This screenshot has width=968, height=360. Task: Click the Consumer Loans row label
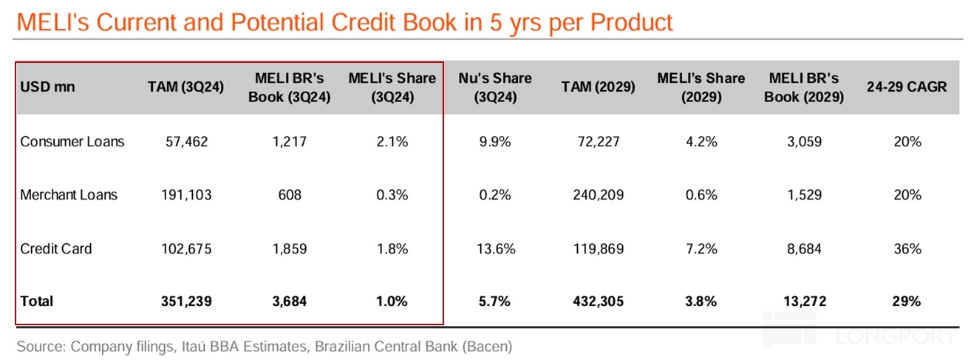(72, 141)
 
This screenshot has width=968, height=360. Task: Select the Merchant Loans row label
(69, 195)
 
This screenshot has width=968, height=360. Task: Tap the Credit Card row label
(56, 248)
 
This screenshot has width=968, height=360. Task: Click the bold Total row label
(37, 302)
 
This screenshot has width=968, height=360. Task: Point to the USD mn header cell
(48, 86)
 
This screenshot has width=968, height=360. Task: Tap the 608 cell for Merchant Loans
(289, 195)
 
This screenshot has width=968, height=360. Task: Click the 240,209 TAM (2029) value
(599, 195)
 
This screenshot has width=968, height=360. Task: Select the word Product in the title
(628, 22)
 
